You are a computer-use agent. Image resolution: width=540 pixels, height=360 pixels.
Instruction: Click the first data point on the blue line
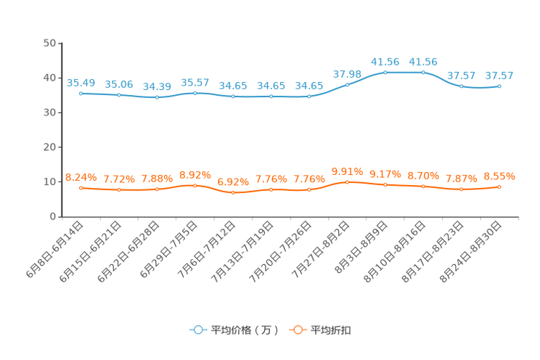[81, 94]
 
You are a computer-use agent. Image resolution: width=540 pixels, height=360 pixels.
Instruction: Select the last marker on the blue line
[499, 86]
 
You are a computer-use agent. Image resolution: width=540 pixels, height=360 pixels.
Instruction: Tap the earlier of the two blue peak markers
[385, 73]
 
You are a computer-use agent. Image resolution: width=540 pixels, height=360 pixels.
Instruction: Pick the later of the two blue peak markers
[423, 73]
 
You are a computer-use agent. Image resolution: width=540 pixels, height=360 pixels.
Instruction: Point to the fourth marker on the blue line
[195, 94]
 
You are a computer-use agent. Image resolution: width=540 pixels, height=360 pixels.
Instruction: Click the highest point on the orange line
[347, 182]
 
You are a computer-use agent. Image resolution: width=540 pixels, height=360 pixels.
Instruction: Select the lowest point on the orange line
[232, 193]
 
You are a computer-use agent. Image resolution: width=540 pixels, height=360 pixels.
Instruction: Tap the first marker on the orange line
[81, 188]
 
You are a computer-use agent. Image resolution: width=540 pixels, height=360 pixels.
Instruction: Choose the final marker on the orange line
[499, 187]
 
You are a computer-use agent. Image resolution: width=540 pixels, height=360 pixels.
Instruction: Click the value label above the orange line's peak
[347, 171]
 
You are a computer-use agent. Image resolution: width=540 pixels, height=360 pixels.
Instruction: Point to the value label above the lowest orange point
[233, 182]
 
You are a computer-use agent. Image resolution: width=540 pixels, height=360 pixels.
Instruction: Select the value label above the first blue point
[81, 83]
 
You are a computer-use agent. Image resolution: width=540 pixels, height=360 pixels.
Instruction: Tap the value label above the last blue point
[499, 75]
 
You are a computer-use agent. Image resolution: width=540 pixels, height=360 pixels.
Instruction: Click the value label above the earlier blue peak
[385, 61]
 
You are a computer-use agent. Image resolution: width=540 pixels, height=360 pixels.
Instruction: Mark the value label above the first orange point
[81, 177]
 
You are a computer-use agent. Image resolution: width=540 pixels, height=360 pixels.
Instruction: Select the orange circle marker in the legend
[297, 330]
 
